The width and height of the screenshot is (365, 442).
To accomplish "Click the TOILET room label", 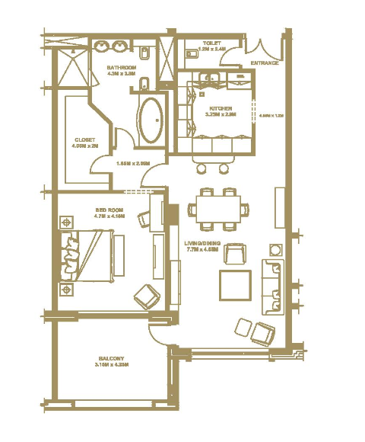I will [211, 43].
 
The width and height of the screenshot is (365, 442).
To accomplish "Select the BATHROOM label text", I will [120, 68].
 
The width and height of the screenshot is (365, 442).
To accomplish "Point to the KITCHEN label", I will [221, 110].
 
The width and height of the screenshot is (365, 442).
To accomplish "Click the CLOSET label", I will [85, 139].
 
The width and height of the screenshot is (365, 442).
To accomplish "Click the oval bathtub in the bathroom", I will [149, 120].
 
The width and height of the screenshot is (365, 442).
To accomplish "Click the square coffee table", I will [235, 285].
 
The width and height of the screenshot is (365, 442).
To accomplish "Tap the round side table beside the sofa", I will [275, 249].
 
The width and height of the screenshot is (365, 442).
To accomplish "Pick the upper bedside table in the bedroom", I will [66, 223].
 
